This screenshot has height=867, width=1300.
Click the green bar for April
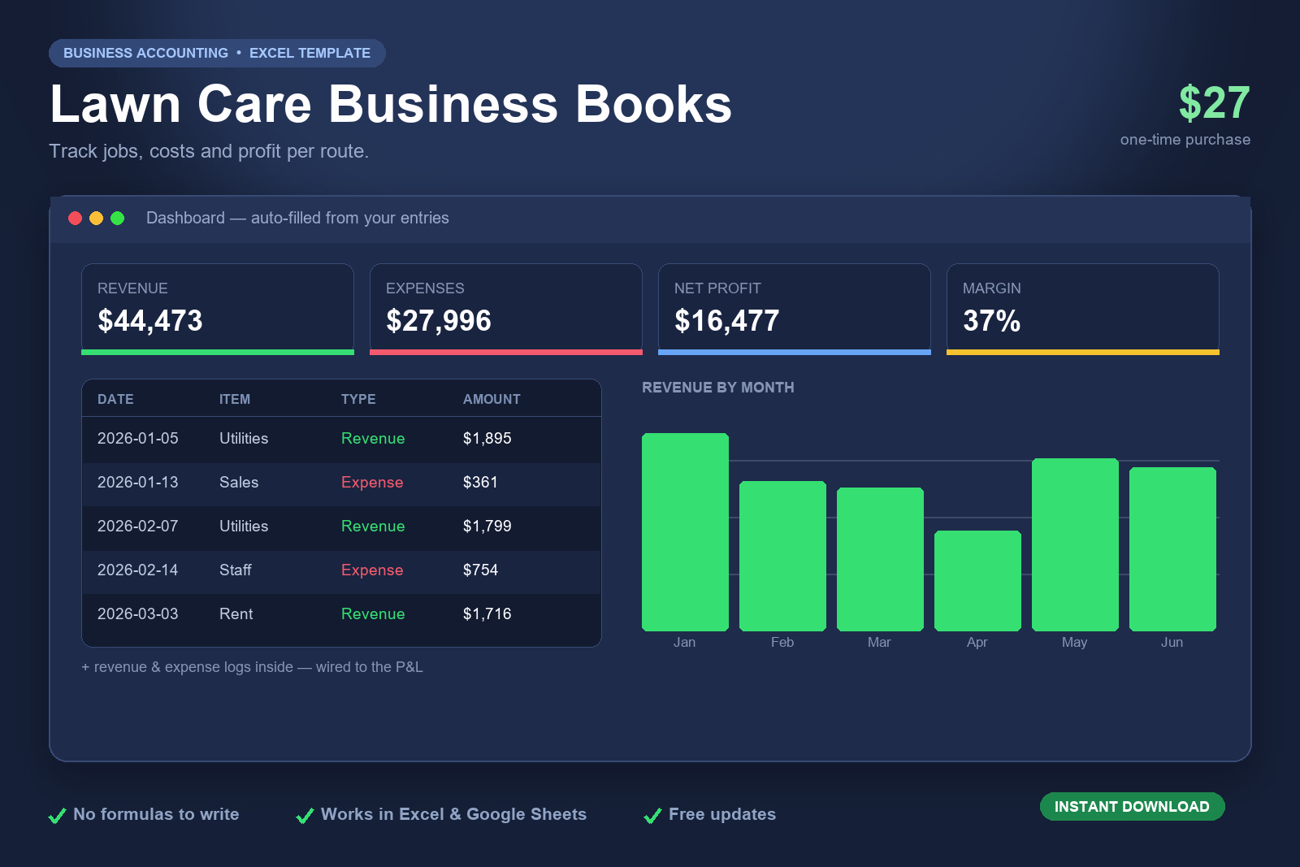(977, 580)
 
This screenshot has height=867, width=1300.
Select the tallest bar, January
(685, 531)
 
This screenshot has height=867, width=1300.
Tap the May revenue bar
(1075, 544)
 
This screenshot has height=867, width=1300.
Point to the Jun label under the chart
(1172, 643)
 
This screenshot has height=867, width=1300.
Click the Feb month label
(782, 643)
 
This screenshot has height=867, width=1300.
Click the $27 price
(1214, 102)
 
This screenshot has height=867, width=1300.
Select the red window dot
(75, 219)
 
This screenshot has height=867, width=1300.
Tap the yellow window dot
(97, 219)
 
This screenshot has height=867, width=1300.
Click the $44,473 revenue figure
(149, 320)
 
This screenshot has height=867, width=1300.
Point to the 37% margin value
(991, 320)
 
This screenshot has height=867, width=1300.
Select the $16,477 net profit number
(726, 320)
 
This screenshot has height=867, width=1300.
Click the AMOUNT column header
(492, 399)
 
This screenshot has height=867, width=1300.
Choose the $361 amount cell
(480, 482)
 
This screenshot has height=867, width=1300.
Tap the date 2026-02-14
(137, 570)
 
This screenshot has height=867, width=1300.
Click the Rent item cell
(236, 614)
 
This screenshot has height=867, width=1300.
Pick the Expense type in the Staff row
(372, 570)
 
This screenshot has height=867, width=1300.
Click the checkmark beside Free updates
(653, 815)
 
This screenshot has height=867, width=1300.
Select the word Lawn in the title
(115, 104)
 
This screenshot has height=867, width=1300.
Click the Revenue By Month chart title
(718, 388)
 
